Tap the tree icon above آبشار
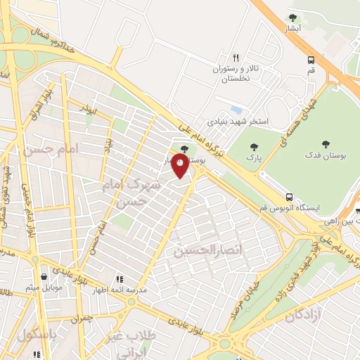click(293, 18)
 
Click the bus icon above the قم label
click(311, 60)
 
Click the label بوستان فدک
click(325, 153)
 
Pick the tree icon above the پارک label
click(254, 147)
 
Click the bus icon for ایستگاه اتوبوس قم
click(289, 197)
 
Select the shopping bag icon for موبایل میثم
click(46, 277)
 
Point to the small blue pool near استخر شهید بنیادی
click(236, 110)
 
